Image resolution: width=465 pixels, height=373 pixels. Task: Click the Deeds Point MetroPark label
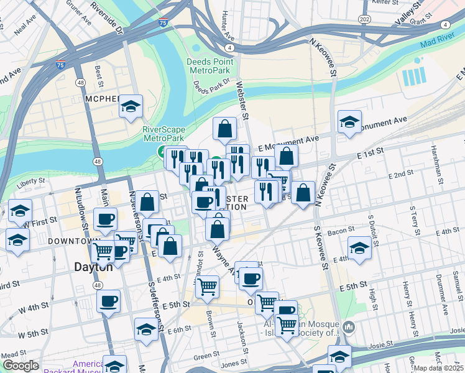pyautogui.click(x=210, y=67)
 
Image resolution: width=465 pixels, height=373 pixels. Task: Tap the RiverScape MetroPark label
pyautogui.click(x=165, y=134)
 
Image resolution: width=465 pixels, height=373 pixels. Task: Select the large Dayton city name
pyautogui.click(x=93, y=267)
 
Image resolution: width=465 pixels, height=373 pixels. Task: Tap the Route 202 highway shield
pyautogui.click(x=365, y=19)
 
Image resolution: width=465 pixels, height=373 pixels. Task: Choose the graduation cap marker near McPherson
pyautogui.click(x=131, y=107)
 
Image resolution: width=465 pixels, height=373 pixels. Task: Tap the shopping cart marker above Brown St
pyautogui.click(x=207, y=287)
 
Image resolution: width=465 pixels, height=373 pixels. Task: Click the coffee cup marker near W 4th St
pyautogui.click(x=109, y=302)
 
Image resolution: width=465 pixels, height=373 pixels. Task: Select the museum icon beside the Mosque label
pyautogui.click(x=348, y=326)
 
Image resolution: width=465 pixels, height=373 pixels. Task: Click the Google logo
pyautogui.click(x=21, y=366)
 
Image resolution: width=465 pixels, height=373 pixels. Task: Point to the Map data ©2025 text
pyautogui.click(x=438, y=368)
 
